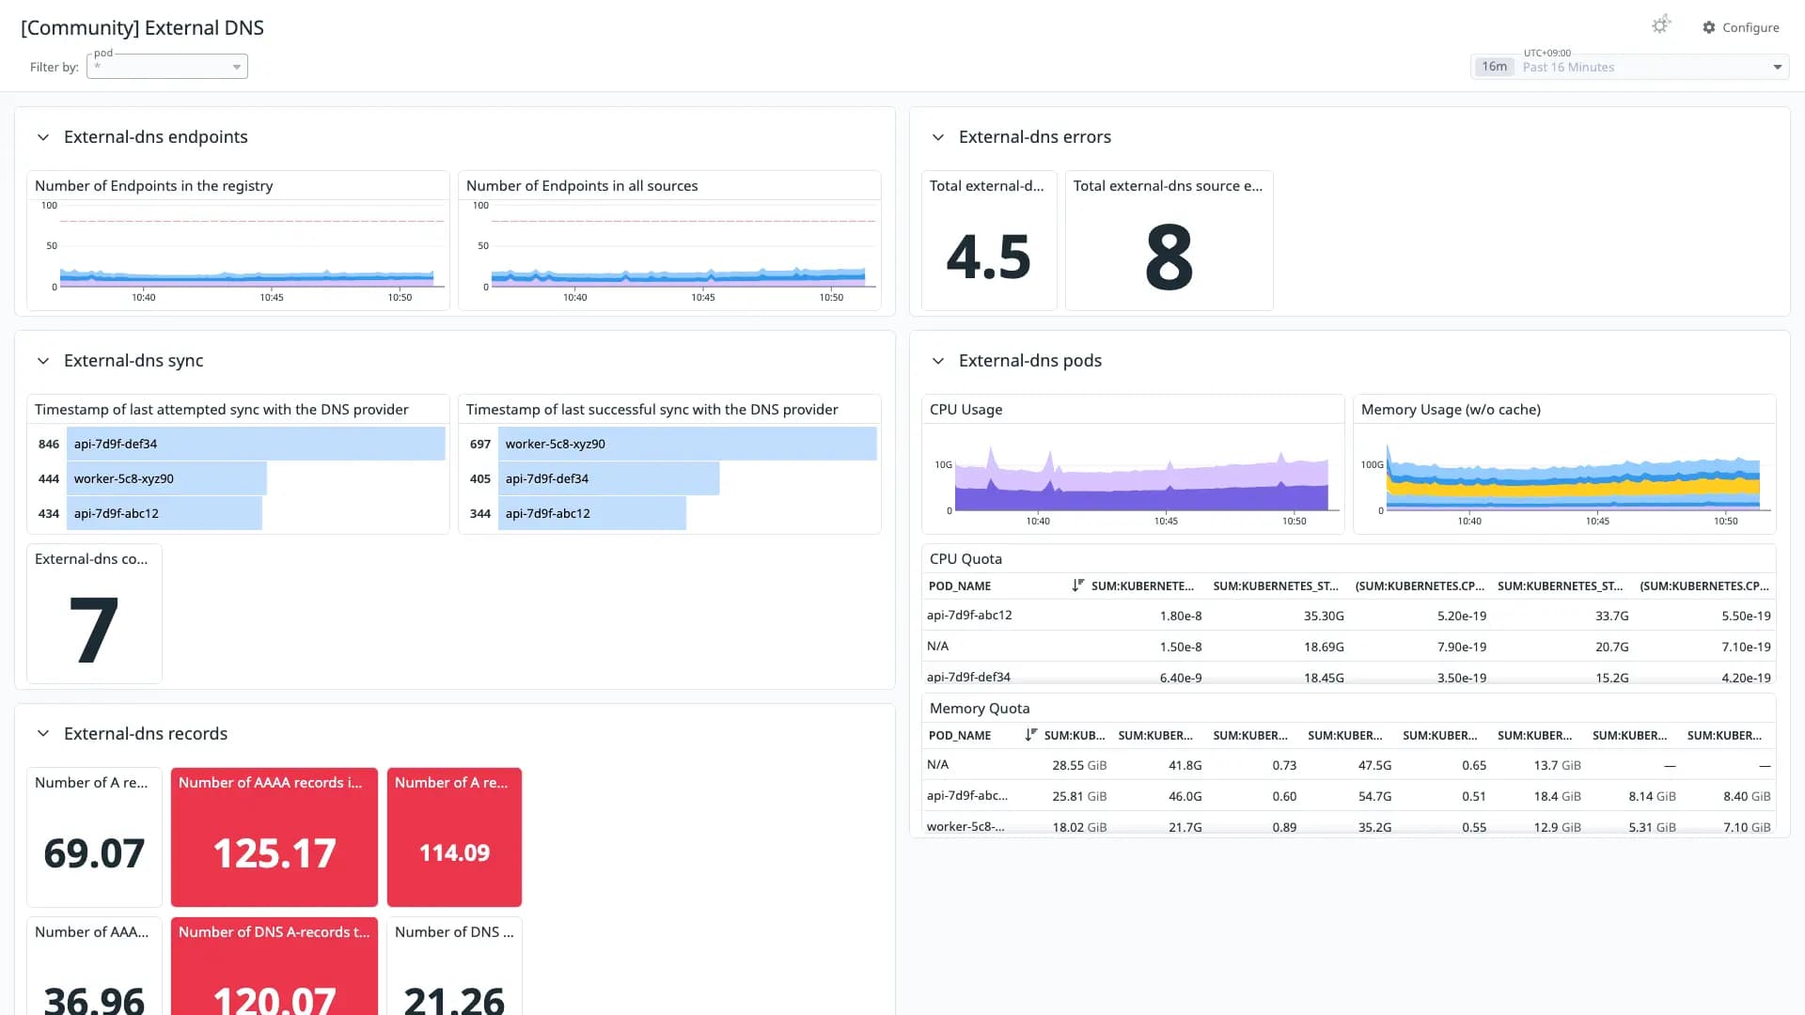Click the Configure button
[1740, 27]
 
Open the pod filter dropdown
[167, 67]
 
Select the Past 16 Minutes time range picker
[1629, 67]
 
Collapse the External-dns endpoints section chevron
[43, 137]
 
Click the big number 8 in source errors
[1169, 257]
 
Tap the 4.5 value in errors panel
[988, 257]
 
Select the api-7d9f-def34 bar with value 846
[259, 444]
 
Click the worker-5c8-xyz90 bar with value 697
[687, 444]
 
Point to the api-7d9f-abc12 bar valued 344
[592, 513]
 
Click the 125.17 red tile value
[275, 853]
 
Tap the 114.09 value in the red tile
[454, 852]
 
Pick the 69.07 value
[94, 853]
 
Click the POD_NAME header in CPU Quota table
[960, 586]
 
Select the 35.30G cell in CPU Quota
[1324, 616]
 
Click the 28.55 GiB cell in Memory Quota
[1079, 765]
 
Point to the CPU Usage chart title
[965, 410]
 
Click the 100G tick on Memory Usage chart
[1372, 464]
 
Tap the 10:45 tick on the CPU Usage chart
[1166, 521]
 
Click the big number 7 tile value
[94, 630]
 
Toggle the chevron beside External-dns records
[43, 734]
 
